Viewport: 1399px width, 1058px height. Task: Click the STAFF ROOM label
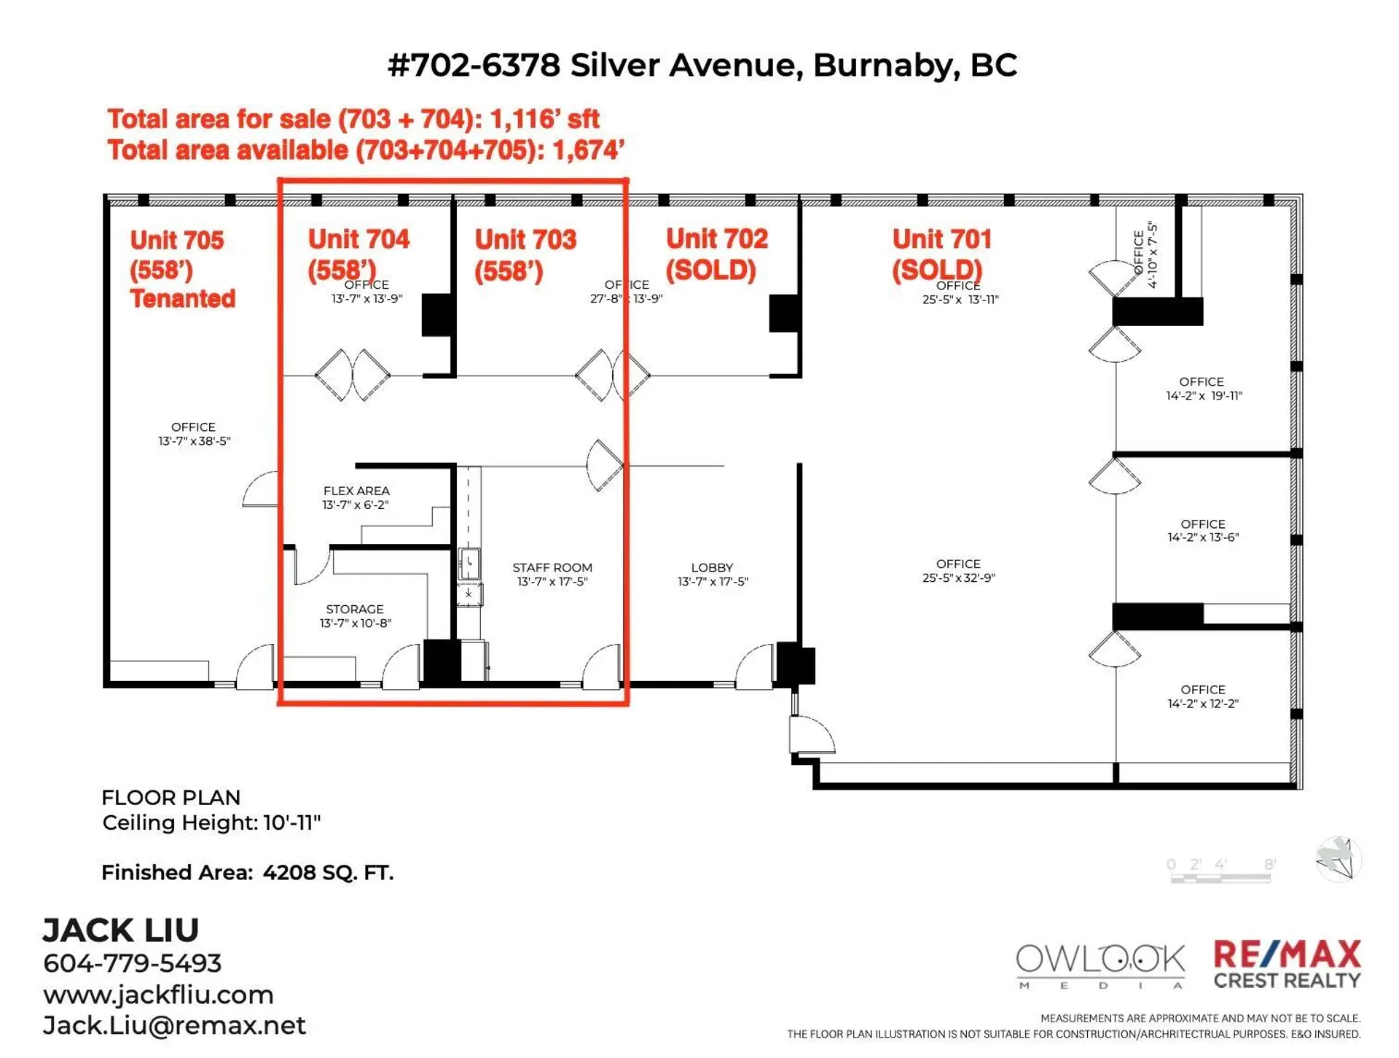552,567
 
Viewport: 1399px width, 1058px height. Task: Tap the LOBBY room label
711,567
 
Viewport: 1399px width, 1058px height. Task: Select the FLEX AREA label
356,491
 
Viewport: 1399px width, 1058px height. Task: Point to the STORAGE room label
354,609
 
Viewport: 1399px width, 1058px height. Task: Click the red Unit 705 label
176,241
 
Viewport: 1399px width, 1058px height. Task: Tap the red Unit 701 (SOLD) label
941,254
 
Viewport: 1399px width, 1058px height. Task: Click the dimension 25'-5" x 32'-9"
958,577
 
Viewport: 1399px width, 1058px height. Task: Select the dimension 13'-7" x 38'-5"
194,441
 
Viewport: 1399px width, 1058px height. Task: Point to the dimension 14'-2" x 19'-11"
1203,396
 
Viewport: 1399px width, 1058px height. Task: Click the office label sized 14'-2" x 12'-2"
1202,690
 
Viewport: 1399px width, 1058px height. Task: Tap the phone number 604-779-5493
132,963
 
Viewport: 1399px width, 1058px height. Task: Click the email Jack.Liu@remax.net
174,1026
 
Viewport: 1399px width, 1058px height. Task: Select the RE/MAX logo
1287,964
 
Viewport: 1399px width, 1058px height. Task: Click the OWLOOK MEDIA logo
1100,965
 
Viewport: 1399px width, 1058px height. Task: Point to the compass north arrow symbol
1339,858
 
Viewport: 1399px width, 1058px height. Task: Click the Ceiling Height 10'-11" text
211,822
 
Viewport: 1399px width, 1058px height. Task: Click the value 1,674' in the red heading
587,150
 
